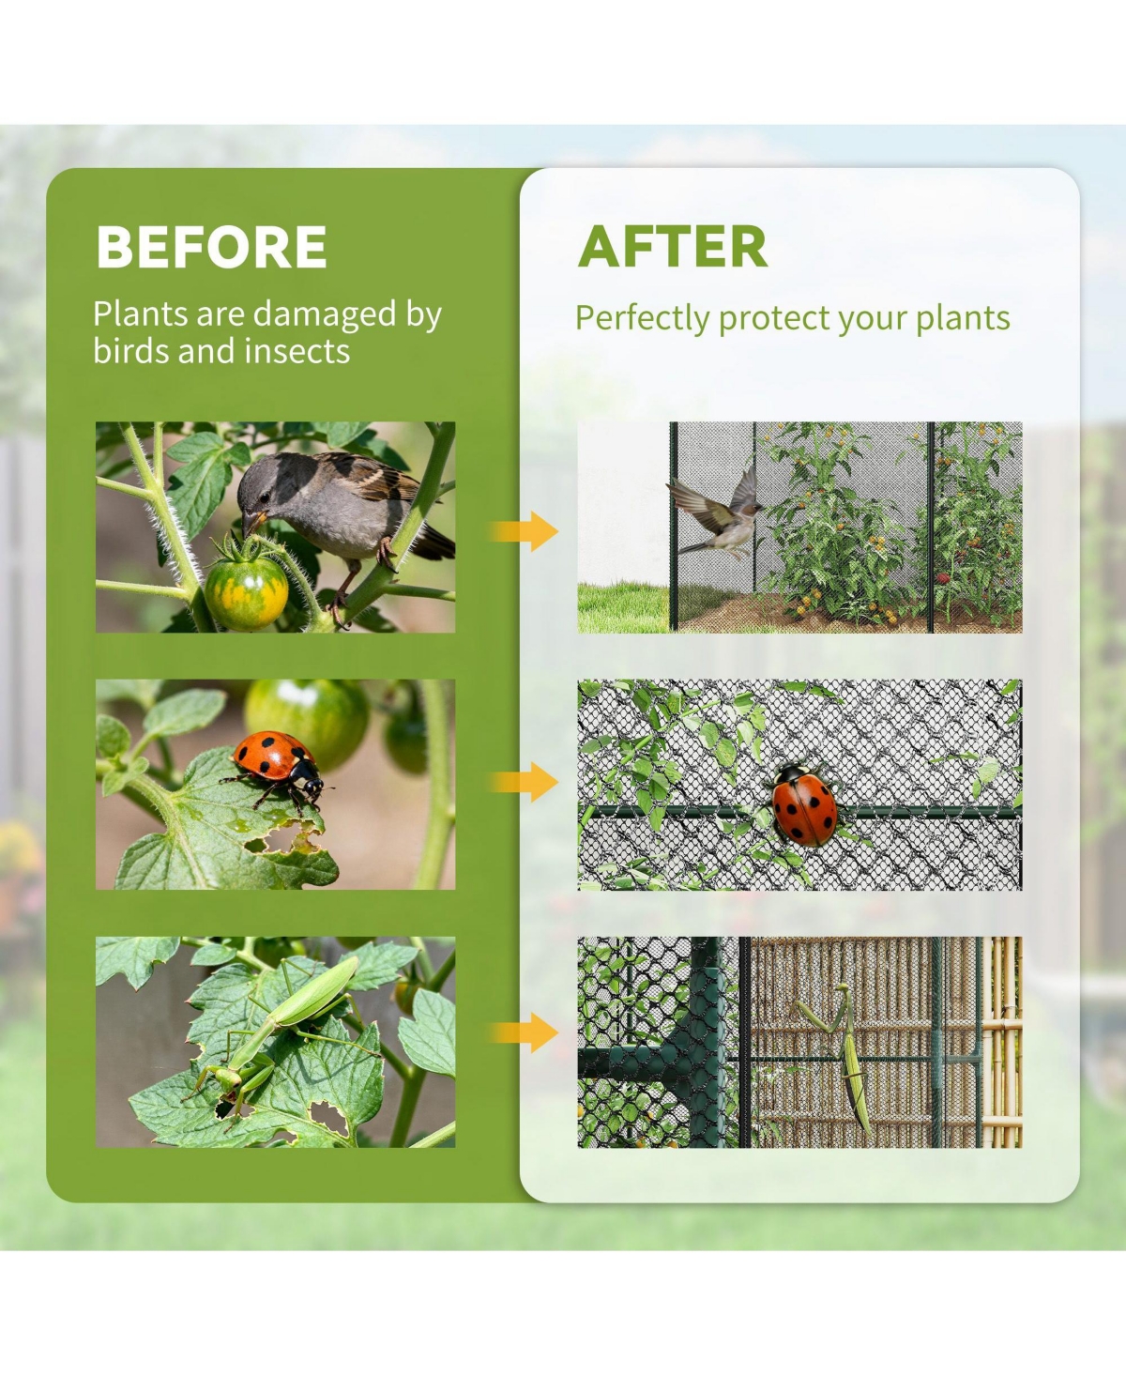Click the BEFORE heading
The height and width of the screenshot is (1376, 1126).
pyautogui.click(x=211, y=247)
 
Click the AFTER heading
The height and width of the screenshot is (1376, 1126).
pyautogui.click(x=673, y=247)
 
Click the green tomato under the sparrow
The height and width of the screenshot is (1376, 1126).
pyautogui.click(x=246, y=592)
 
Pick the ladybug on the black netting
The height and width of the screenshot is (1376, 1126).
pyautogui.click(x=804, y=804)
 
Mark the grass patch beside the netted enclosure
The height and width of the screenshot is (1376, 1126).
pyautogui.click(x=619, y=608)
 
